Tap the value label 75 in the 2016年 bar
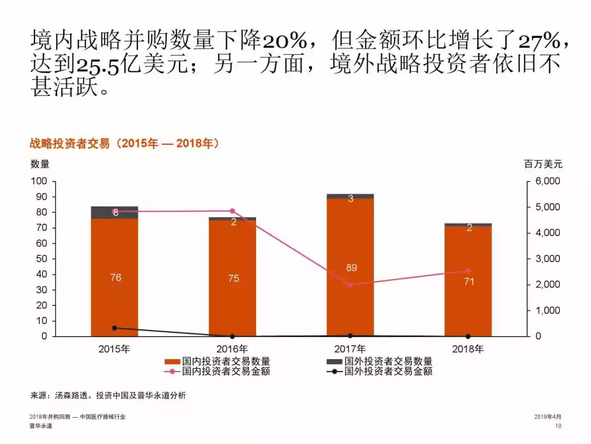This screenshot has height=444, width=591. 233,278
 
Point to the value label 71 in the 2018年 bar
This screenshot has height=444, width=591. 469,282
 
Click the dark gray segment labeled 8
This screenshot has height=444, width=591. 114,212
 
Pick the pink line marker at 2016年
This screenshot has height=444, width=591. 232,211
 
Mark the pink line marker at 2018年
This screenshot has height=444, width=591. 468,271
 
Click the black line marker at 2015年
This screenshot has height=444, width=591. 114,328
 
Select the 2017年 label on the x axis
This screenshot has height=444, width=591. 350,349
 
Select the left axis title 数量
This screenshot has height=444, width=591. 40,163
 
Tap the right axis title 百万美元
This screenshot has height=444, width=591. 543,163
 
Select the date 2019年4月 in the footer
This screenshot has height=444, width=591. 548,417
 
